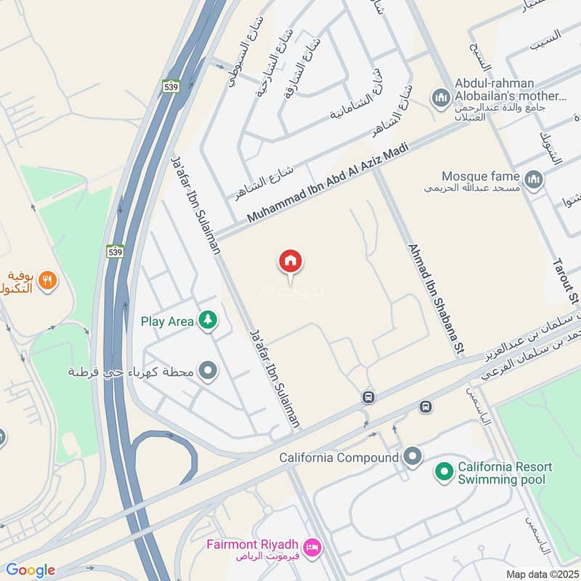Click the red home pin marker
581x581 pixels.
pos(290,261)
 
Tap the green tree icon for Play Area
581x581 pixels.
pos(208,320)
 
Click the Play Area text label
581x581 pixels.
pos(167,320)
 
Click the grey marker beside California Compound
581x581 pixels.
pos(413,458)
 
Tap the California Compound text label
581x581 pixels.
pos(339,458)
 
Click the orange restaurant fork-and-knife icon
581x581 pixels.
pos(47,280)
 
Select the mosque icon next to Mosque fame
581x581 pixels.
pos(534,179)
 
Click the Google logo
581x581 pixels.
pos(31,570)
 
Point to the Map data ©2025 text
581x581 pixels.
pos(540,574)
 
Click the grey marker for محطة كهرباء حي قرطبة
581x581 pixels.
pos(208,372)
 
